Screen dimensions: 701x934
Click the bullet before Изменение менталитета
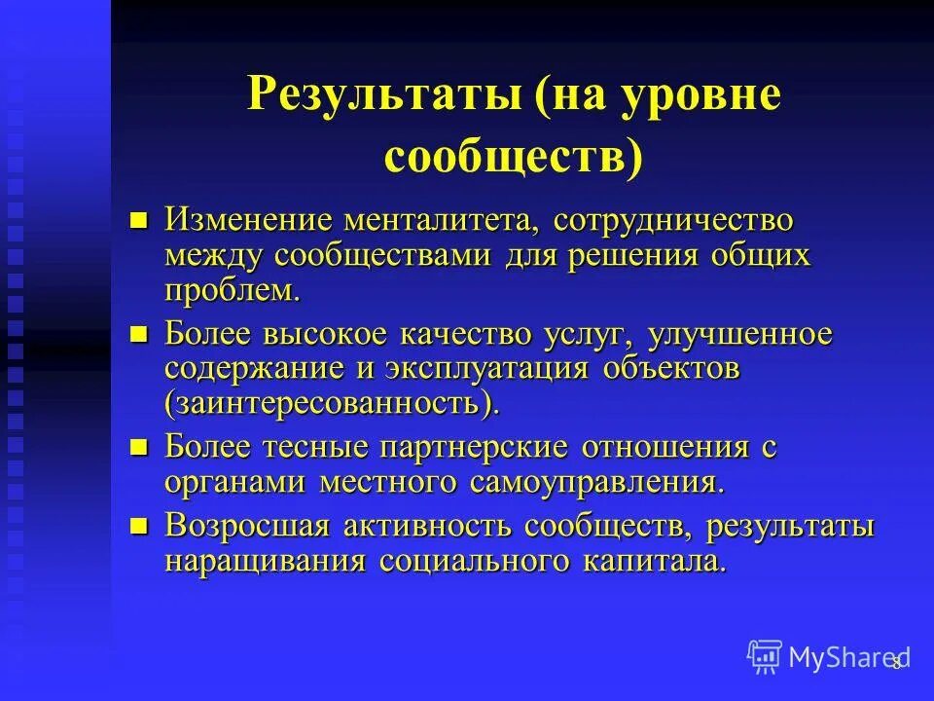pyautogui.click(x=139, y=220)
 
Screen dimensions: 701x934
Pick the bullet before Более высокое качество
pyautogui.click(x=139, y=335)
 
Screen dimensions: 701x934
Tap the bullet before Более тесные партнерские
pyautogui.click(x=139, y=448)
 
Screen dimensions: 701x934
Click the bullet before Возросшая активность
pyautogui.click(x=139, y=527)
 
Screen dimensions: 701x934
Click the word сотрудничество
pyautogui.click(x=674, y=220)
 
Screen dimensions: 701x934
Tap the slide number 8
pyautogui.click(x=897, y=662)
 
